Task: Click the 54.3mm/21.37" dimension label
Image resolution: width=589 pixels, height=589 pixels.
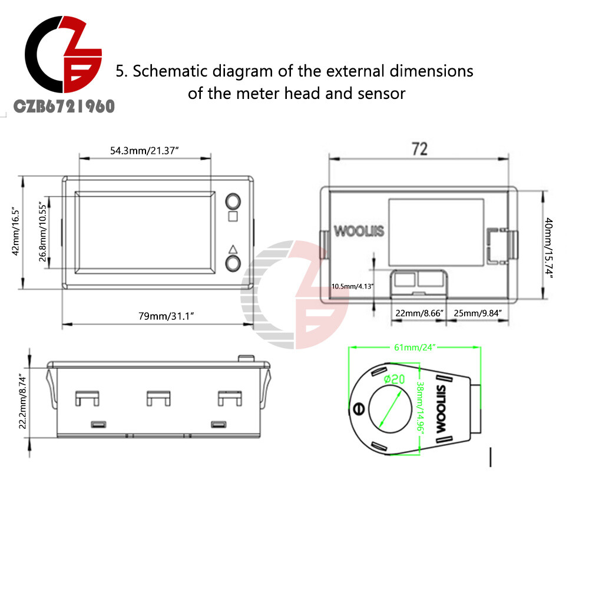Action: click(x=144, y=151)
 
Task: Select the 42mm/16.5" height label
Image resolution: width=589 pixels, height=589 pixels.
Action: click(x=17, y=231)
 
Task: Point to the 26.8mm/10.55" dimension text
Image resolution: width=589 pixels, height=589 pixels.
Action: click(x=44, y=231)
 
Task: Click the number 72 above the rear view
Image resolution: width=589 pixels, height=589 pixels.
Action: click(x=419, y=149)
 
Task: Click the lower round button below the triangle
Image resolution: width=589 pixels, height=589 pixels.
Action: click(x=233, y=263)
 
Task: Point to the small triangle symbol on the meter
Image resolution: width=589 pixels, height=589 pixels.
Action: click(x=232, y=248)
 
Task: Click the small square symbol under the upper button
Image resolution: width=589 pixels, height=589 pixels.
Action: click(x=232, y=216)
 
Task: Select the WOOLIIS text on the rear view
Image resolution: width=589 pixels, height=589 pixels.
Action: click(x=359, y=230)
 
